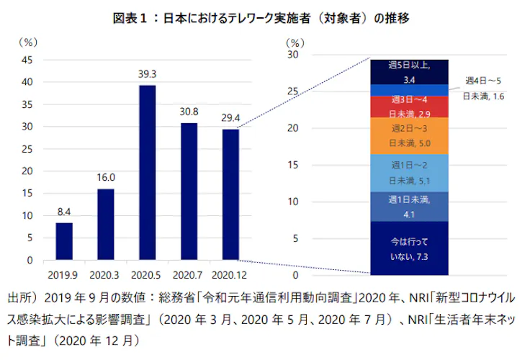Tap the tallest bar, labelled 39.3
click(147, 173)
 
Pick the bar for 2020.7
click(189, 191)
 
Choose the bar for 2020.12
click(230, 194)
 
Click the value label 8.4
click(64, 212)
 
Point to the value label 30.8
click(189, 112)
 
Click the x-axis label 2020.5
click(147, 274)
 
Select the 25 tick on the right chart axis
click(292, 91)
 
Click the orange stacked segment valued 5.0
click(410, 136)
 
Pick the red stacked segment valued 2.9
click(410, 107)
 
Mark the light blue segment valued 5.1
click(410, 174)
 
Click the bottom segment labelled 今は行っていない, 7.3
click(410, 248)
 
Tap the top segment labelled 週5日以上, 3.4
click(410, 71)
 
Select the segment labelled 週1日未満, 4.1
click(410, 207)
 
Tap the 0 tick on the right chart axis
click(295, 275)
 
